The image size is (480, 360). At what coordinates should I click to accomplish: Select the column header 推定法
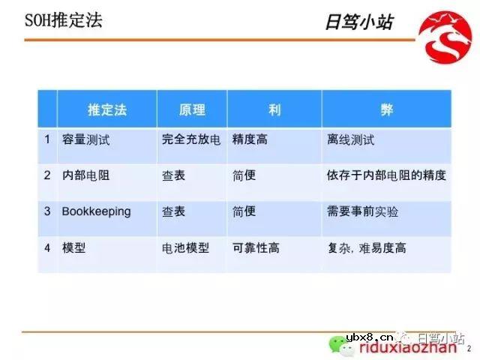(107, 109)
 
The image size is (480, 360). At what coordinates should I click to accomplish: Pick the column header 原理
(192, 109)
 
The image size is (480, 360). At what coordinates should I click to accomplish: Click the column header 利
(274, 109)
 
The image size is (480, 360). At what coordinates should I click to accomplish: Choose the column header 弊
(386, 109)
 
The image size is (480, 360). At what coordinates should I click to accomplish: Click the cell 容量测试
(84, 139)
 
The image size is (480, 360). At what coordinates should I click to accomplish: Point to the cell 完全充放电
(191, 139)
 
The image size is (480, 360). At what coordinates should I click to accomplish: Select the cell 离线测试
(351, 139)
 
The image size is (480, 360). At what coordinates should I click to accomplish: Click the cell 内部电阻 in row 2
(84, 175)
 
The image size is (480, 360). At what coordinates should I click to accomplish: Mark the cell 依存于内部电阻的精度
(386, 175)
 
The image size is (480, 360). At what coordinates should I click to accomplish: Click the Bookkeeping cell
(96, 211)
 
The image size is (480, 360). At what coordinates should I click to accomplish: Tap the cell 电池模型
(185, 247)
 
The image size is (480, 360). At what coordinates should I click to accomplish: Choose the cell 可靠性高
(256, 247)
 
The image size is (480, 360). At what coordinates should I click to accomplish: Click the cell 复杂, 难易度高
(367, 247)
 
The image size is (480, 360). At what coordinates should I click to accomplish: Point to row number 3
(47, 211)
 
